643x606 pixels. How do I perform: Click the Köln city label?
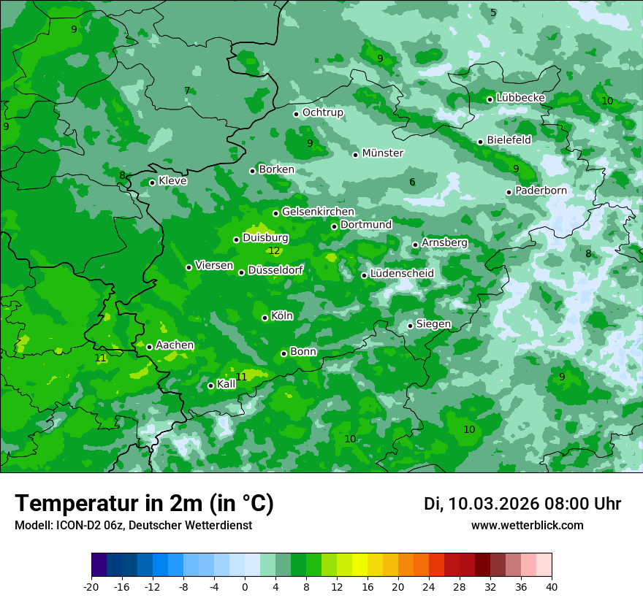[282, 316]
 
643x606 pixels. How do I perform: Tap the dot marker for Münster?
[356, 155]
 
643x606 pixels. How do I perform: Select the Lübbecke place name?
[520, 98]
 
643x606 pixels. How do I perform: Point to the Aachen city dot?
[150, 348]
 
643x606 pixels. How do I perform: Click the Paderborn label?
[541, 191]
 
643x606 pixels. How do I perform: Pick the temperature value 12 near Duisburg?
[274, 251]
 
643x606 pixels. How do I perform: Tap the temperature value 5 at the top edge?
[493, 12]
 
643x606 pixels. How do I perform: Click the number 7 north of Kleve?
[187, 91]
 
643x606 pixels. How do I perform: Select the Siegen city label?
[433, 324]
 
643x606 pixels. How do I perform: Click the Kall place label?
[227, 384]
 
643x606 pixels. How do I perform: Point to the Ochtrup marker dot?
[297, 114]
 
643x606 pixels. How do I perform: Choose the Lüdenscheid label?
[402, 274]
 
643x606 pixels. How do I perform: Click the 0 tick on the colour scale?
[245, 586]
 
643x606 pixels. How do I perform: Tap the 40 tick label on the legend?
[551, 586]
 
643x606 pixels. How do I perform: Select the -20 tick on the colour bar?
[91, 586]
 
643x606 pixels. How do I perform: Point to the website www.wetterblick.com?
[527, 526]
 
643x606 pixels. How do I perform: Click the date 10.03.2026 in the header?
[494, 504]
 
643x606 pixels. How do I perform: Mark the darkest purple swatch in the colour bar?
[99, 565]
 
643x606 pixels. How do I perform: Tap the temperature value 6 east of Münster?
[412, 183]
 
